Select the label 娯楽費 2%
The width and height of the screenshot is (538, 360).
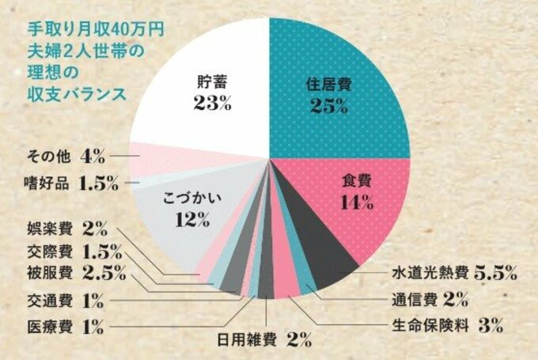[66, 229]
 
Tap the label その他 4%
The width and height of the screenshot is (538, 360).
[66, 154]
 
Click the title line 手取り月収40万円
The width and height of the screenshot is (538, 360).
[96, 30]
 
